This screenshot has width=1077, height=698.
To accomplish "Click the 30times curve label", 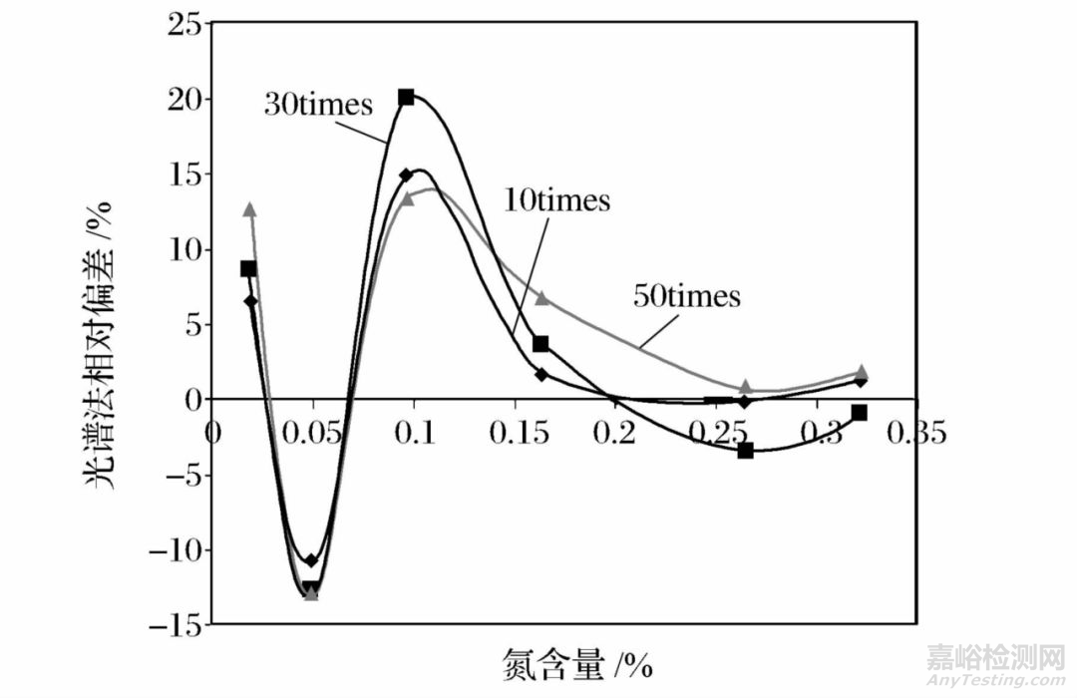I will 317,105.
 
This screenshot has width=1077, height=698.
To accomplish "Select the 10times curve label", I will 557,200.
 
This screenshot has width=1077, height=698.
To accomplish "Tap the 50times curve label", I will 687,296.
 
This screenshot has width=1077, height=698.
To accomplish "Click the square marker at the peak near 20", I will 406,98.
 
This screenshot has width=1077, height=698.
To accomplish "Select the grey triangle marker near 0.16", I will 541,297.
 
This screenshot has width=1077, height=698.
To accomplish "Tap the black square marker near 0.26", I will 745,451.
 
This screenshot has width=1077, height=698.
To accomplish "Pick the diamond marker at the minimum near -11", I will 311,560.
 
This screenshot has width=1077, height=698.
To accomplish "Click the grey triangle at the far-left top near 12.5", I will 249,209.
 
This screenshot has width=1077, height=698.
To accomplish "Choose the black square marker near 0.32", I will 859,413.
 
